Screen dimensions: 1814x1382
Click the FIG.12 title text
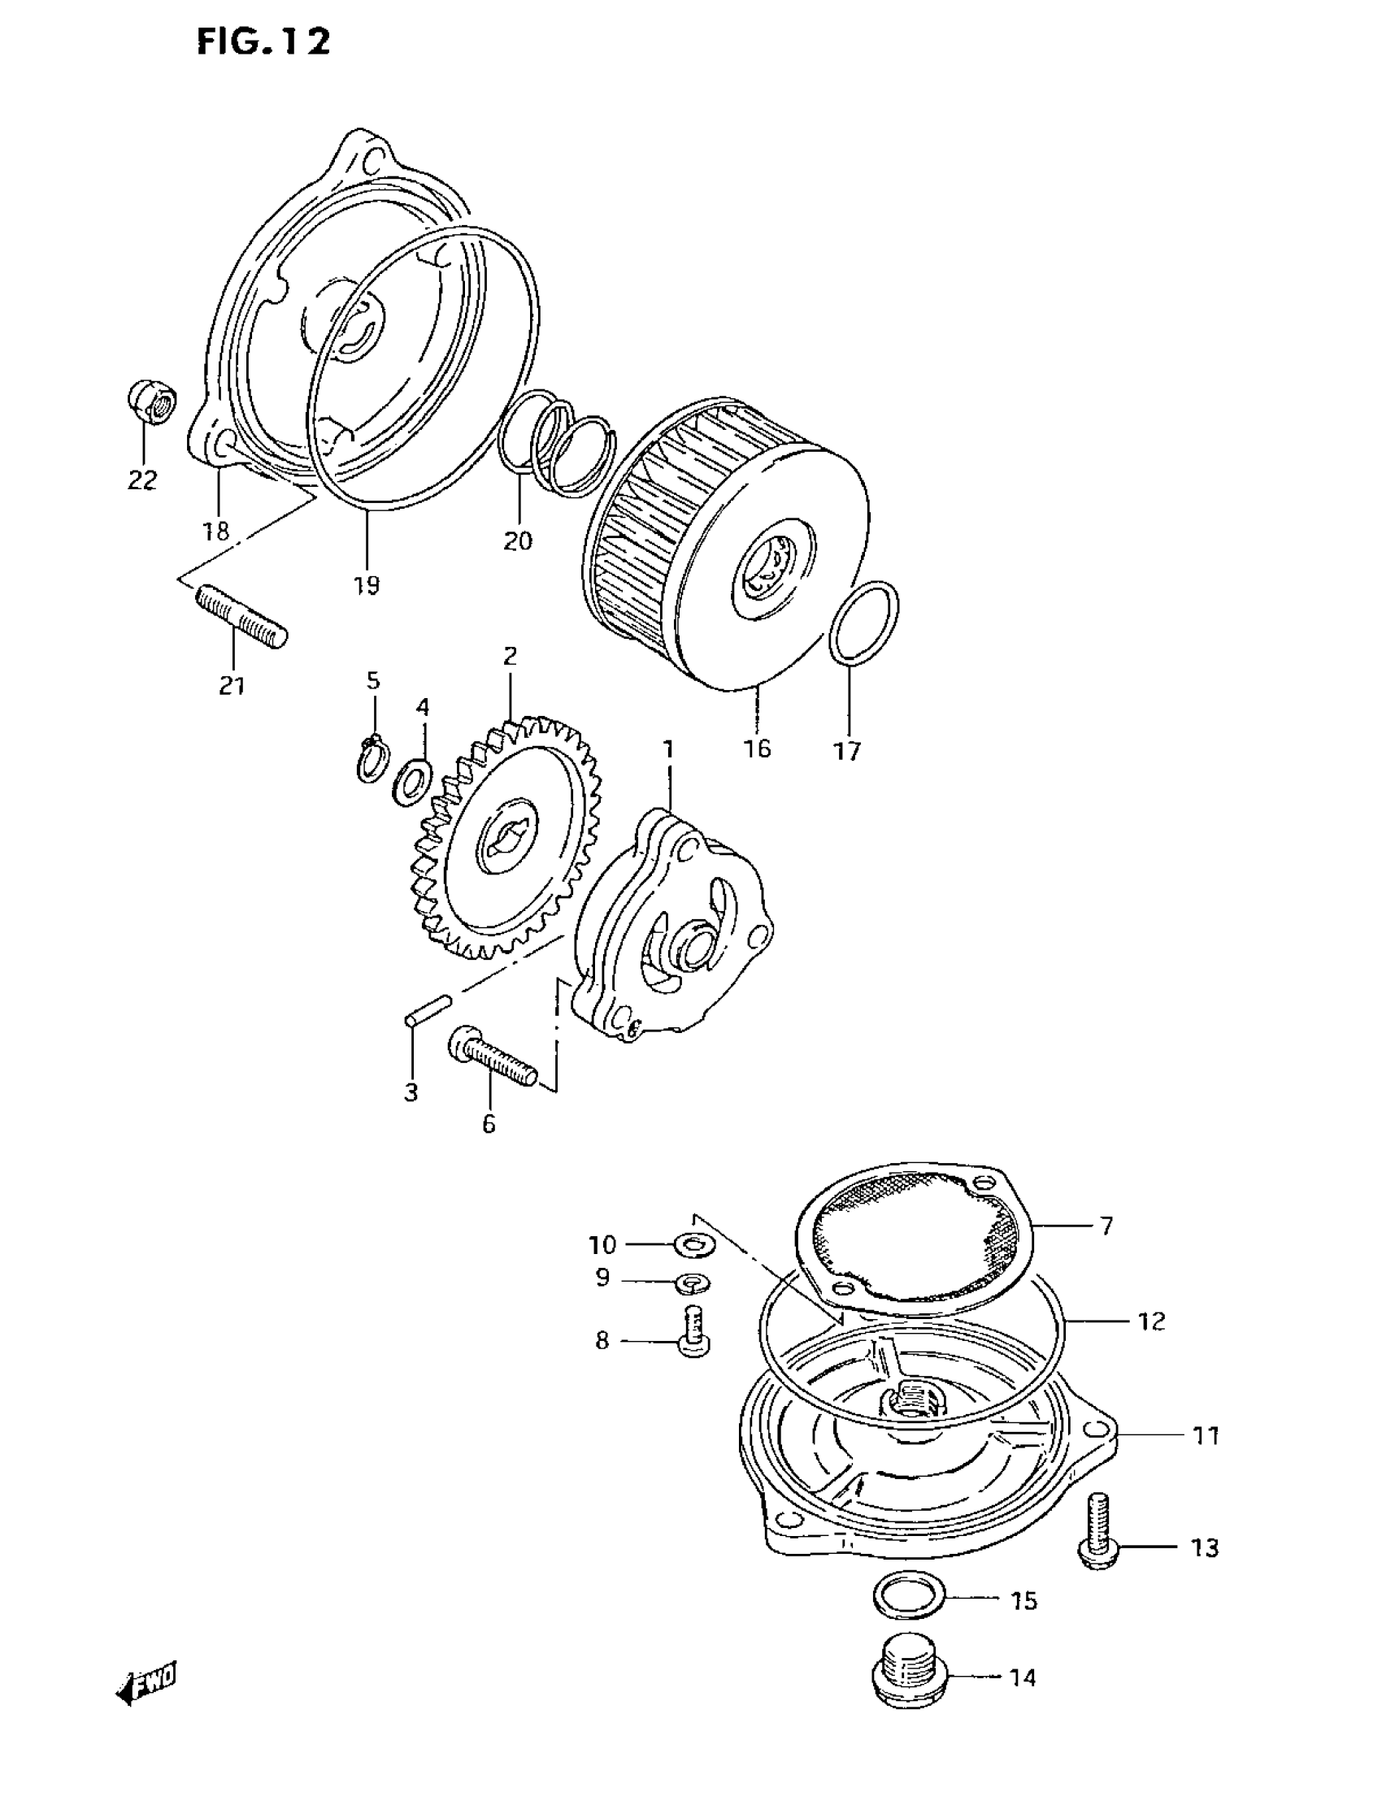pos(263,42)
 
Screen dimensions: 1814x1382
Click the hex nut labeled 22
pos(151,402)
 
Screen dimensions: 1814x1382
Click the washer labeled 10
pos(694,1245)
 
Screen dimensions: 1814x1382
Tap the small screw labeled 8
pos(696,1333)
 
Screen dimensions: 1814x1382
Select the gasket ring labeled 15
pos(908,1597)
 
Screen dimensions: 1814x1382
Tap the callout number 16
pos(757,749)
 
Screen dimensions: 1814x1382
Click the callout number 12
pos(1152,1321)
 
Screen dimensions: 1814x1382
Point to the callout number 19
pos(367,585)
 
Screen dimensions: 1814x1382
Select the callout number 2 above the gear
pos(510,656)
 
